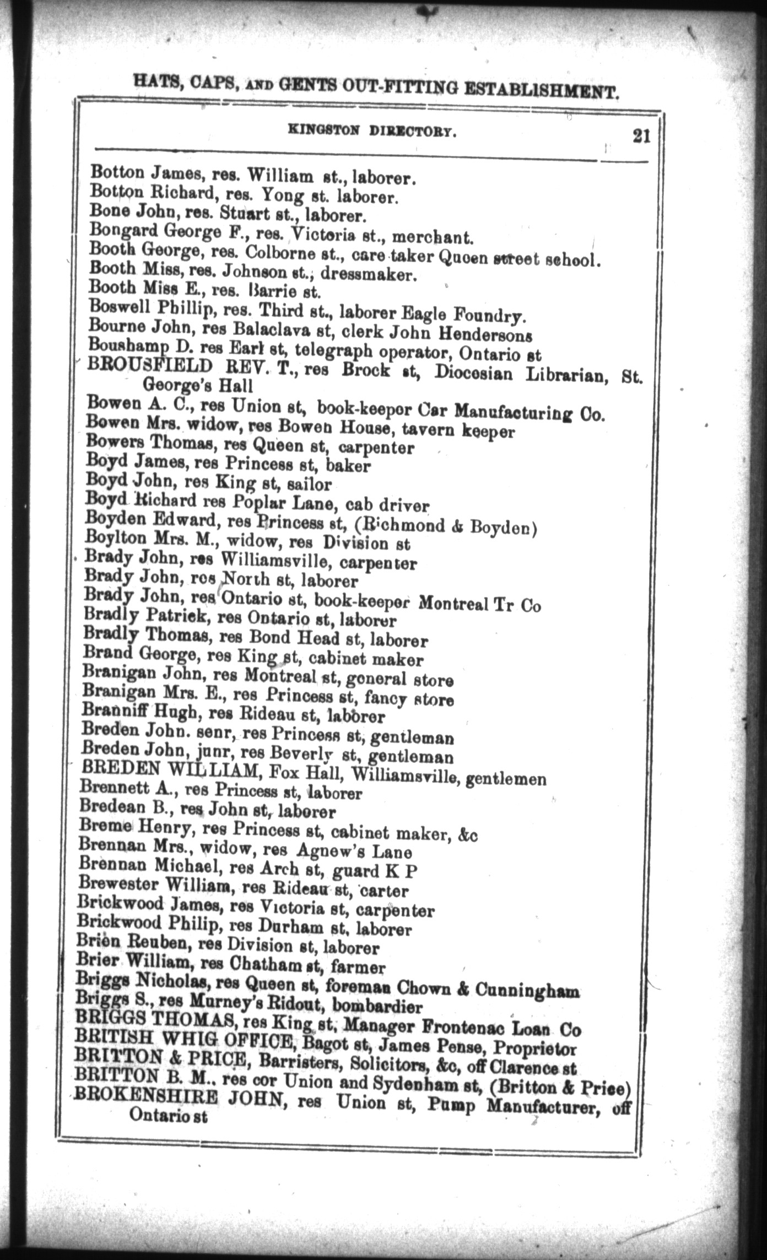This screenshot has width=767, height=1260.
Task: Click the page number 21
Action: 641,135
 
